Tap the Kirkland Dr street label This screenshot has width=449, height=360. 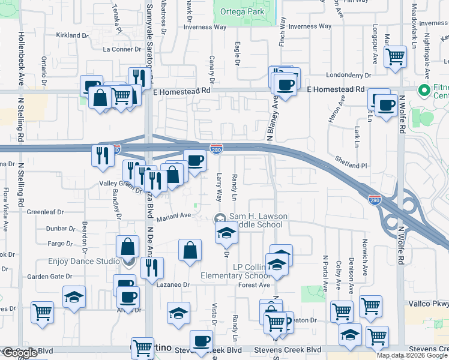[72, 35]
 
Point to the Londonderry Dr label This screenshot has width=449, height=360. [349, 76]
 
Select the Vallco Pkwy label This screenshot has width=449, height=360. [427, 304]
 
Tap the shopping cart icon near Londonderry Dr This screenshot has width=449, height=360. [395, 57]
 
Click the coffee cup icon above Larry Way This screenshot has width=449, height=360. [194, 160]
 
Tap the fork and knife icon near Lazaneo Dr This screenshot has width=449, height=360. [152, 267]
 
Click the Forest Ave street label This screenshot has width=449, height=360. [253, 285]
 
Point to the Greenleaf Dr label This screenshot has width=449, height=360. [45, 212]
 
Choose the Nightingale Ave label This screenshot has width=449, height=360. [427, 41]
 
